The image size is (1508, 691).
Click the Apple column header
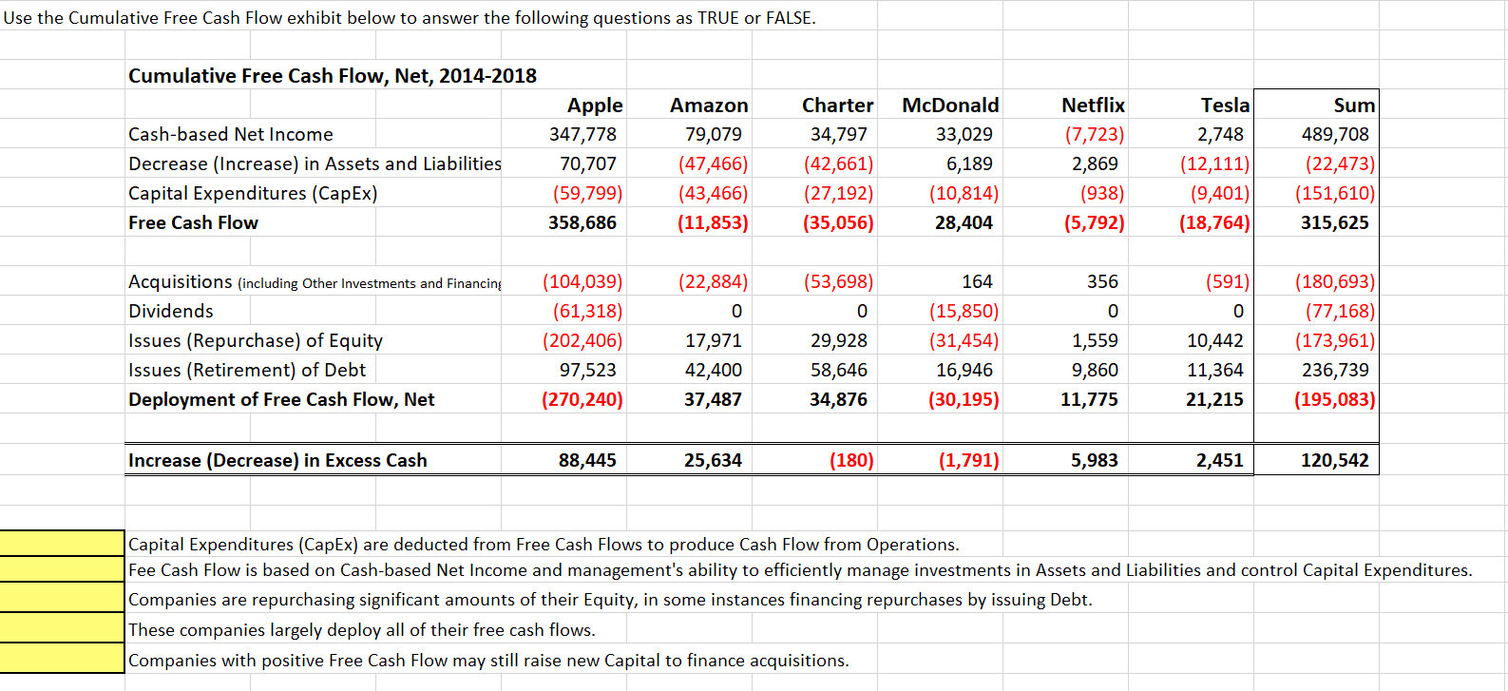pos(595,106)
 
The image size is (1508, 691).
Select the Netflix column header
pos(1093,106)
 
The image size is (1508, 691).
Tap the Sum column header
pos(1354,106)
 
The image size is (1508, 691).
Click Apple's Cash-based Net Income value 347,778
pos(582,135)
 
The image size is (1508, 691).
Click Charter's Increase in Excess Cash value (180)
pos(851,461)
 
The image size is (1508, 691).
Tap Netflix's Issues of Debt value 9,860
pos(1095,371)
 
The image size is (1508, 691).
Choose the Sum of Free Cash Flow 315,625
pos(1335,223)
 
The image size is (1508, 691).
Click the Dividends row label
pos(171,312)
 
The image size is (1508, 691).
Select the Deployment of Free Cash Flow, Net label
pos(281,400)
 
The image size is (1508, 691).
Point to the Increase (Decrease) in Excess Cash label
pos(277,461)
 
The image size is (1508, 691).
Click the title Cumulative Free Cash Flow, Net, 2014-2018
pos(333,76)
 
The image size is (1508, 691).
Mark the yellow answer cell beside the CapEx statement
pos(63,544)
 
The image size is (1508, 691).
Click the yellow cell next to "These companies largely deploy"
pos(63,629)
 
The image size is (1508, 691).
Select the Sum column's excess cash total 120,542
pos(1335,461)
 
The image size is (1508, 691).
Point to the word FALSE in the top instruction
pos(791,18)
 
